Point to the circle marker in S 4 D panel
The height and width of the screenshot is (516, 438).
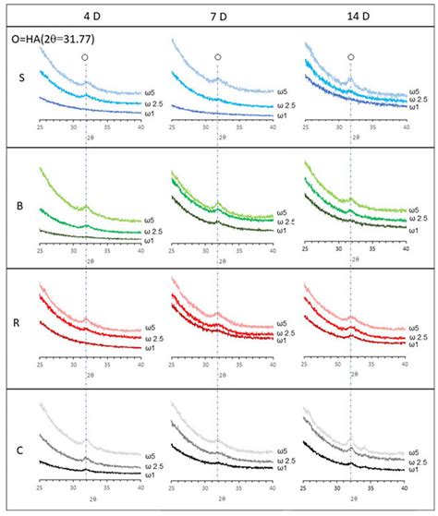(85, 57)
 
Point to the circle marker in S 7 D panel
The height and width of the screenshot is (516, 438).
(218, 57)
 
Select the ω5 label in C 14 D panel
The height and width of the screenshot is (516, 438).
(418, 453)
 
